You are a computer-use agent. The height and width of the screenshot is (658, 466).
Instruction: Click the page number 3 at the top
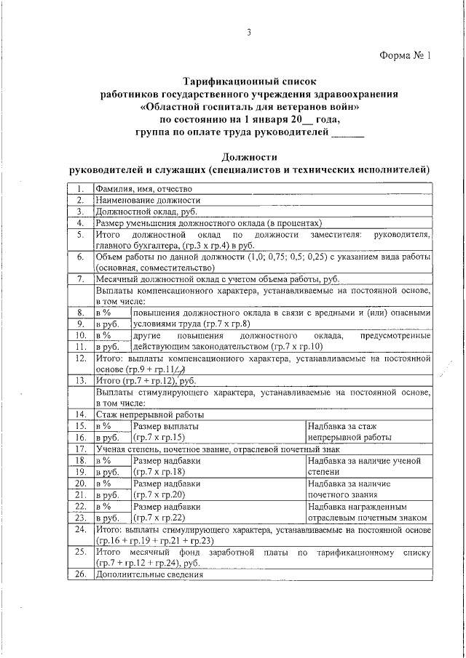pyautogui.click(x=248, y=32)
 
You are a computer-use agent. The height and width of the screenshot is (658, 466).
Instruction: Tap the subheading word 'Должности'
pyautogui.click(x=250, y=156)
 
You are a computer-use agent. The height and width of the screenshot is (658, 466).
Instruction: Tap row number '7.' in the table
pyautogui.click(x=82, y=279)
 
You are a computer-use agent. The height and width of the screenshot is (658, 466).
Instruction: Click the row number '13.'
pyautogui.click(x=82, y=380)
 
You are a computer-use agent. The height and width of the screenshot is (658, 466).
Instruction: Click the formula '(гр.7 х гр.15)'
pyautogui.click(x=159, y=438)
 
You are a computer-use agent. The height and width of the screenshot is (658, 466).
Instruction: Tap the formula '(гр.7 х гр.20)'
pyautogui.click(x=159, y=494)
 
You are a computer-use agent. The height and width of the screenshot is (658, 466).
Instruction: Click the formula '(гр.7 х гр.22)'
pyautogui.click(x=159, y=518)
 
